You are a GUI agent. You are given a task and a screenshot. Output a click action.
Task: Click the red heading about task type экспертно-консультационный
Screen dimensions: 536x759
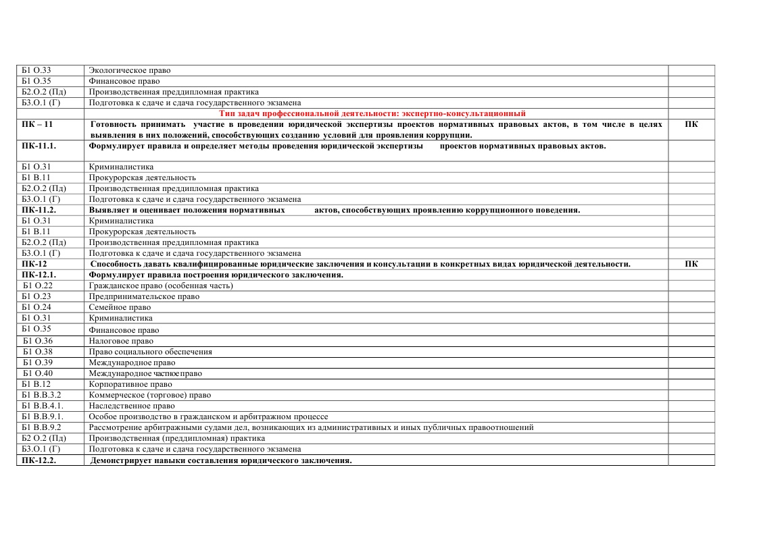372,113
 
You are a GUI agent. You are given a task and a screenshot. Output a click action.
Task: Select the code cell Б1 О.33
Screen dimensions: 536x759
36,70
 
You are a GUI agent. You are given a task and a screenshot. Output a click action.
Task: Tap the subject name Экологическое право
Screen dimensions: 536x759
130,70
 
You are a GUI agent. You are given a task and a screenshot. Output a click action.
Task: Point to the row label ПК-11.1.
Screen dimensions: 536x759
39,146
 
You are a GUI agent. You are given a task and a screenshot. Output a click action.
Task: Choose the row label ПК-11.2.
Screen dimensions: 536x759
39,210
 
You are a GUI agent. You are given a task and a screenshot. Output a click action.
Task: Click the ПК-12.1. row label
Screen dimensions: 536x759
39,275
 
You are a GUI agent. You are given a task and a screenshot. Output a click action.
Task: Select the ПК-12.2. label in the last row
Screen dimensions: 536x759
39,460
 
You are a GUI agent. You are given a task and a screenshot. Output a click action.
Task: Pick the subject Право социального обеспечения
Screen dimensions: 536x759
150,352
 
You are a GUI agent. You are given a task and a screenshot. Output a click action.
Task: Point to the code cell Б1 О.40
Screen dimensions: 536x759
38,373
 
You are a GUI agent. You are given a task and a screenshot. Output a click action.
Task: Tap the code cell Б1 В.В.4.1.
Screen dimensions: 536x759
43,406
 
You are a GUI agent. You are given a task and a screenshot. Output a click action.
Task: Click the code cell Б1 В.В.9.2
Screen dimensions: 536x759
42,427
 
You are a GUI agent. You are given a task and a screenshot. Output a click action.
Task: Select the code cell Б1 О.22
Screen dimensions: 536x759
38,286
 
